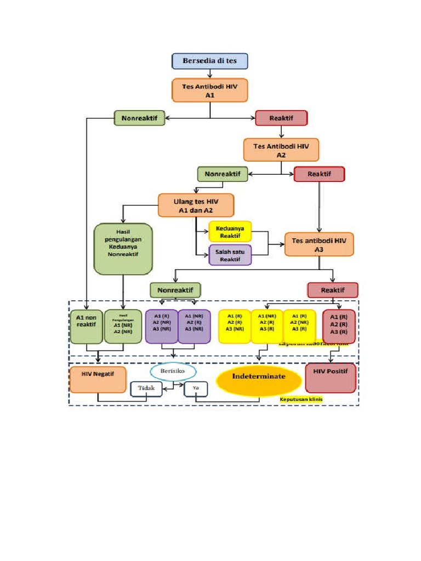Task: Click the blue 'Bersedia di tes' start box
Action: point(210,61)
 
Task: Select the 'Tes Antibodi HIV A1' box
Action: point(210,90)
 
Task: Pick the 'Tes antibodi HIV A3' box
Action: point(319,244)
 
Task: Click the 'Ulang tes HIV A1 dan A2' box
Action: point(196,205)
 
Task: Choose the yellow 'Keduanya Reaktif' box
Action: point(230,231)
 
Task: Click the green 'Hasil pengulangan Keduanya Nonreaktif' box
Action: point(123,248)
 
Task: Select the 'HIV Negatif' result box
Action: point(98,380)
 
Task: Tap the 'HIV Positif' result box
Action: point(331,378)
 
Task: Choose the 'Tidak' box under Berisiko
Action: point(146,388)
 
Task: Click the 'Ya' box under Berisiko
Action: point(195,388)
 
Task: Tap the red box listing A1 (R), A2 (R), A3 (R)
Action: point(338,326)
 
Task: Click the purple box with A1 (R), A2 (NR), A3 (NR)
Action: point(162,326)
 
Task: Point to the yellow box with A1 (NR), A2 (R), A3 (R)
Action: point(267,326)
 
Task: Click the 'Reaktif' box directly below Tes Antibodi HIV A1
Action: point(281,118)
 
